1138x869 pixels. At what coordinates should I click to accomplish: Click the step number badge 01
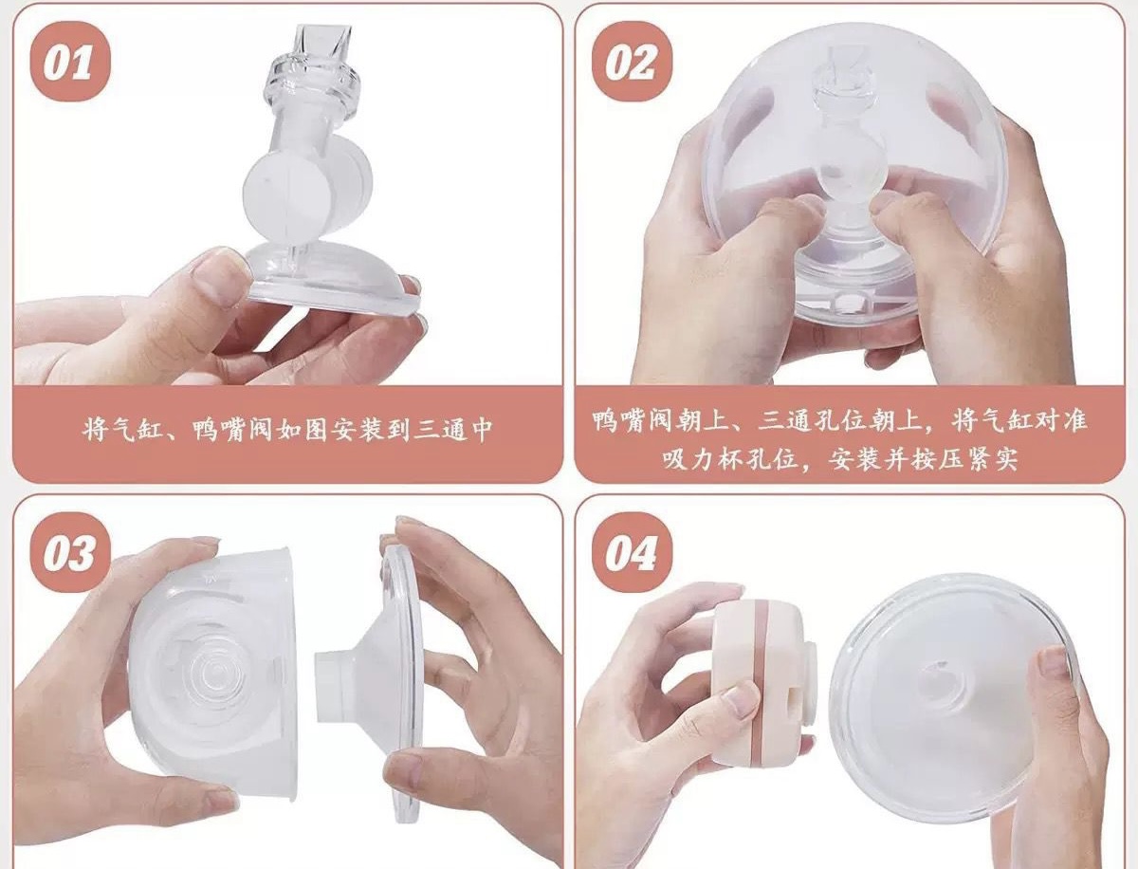tap(70, 61)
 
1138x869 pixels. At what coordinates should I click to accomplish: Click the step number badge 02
tap(632, 61)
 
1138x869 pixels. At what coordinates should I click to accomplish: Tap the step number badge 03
tap(70, 553)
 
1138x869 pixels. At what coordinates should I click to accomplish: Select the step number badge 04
tap(632, 553)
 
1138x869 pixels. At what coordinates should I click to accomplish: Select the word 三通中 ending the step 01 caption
tap(452, 430)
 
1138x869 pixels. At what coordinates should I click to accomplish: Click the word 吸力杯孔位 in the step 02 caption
tap(729, 459)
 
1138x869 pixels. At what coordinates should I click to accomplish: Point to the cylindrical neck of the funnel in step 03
tap(338, 686)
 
